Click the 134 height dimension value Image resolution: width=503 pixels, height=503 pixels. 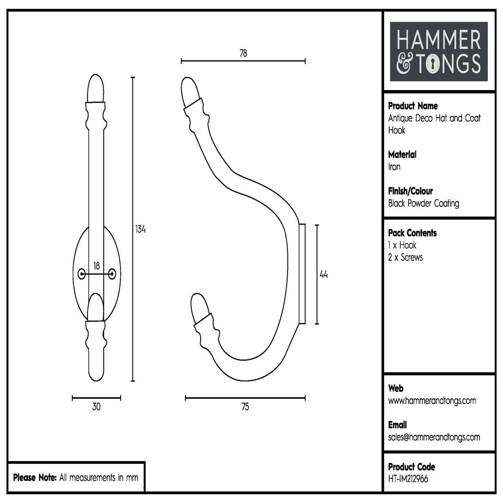pyautogui.click(x=140, y=229)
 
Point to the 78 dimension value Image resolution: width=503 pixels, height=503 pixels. pyautogui.click(x=243, y=52)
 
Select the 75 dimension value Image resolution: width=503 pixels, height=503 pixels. pyautogui.click(x=245, y=408)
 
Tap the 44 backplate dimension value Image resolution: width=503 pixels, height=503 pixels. pyautogui.click(x=323, y=274)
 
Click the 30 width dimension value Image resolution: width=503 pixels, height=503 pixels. pyautogui.click(x=96, y=407)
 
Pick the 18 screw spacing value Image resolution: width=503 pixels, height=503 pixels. pyautogui.click(x=96, y=266)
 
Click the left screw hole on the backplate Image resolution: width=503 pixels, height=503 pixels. pyautogui.click(x=81, y=274)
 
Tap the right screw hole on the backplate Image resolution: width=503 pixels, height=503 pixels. pyautogui.click(x=112, y=274)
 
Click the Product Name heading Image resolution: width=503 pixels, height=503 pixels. pyautogui.click(x=413, y=106)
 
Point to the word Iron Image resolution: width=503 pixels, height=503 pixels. pyautogui.click(x=394, y=167)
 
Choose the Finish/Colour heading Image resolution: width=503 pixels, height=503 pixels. pyautogui.click(x=410, y=191)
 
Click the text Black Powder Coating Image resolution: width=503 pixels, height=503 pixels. pyautogui.click(x=423, y=203)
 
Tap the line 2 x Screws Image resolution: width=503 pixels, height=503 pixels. pyautogui.click(x=405, y=257)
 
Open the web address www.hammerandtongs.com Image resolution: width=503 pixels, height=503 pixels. pyautogui.click(x=432, y=401)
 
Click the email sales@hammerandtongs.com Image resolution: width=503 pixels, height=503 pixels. pyautogui.click(x=434, y=437)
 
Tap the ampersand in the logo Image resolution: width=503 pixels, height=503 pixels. pyautogui.click(x=404, y=64)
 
